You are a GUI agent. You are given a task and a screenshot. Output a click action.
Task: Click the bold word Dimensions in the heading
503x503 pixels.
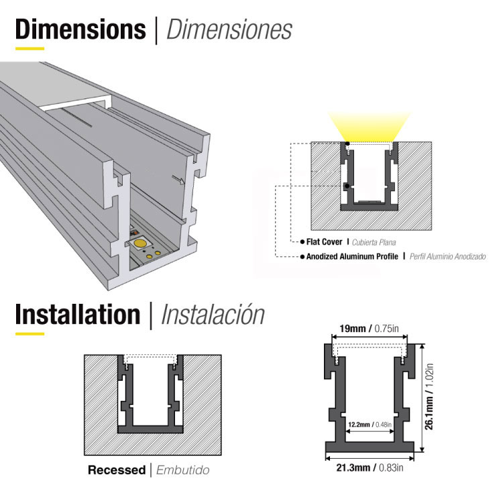click(80, 30)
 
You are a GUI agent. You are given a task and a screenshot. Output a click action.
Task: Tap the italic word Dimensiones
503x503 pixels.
click(229, 30)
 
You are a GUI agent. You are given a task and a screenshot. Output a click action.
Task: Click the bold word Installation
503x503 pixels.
click(78, 315)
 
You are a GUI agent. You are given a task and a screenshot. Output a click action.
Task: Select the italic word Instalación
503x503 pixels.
click(213, 315)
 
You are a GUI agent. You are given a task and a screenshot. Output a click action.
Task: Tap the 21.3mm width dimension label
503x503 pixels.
click(353, 467)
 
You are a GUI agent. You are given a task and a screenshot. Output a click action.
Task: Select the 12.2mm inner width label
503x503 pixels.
click(359, 425)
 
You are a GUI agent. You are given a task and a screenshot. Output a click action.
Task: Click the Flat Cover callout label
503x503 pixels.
click(325, 242)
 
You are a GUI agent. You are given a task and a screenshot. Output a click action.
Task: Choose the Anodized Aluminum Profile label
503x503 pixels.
click(352, 257)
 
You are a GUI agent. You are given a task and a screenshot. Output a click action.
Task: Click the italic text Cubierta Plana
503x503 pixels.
click(374, 242)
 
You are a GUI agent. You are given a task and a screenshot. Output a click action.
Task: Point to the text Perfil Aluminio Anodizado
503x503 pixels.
click(447, 257)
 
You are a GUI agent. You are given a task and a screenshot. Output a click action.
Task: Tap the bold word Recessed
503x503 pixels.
click(117, 470)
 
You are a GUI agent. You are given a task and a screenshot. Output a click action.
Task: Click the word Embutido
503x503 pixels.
click(183, 470)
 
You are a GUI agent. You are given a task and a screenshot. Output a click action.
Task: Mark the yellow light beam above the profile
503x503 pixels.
click(369, 127)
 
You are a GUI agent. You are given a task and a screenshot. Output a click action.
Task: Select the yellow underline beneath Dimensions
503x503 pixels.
click(30, 49)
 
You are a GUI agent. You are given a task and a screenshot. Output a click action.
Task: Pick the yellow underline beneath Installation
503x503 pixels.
click(30, 333)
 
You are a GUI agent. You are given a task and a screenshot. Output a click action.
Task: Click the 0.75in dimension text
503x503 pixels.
click(386, 329)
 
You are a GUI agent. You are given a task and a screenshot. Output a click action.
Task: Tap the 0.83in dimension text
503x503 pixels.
click(391, 467)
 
